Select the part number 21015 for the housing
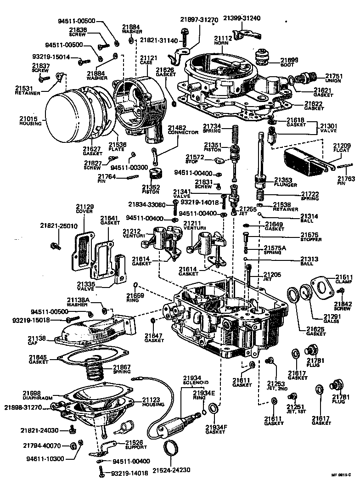pyautogui.click(x=30, y=118)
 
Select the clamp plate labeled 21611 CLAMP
pyautogui.click(x=324, y=286)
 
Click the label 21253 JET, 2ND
pyautogui.click(x=276, y=385)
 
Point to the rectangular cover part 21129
pyautogui.click(x=83, y=251)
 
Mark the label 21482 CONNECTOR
pyautogui.click(x=183, y=130)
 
